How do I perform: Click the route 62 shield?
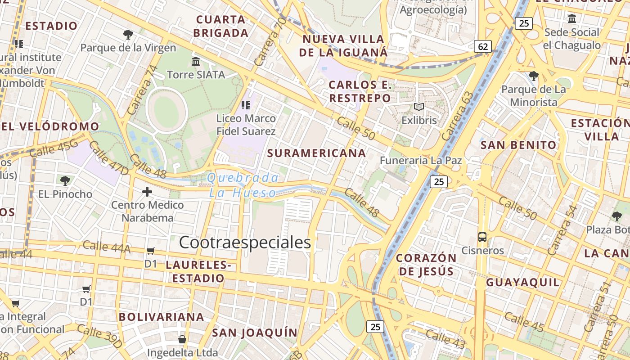[x=482, y=46]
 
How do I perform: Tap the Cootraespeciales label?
[x=245, y=243]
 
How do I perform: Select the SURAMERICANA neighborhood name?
[x=316, y=153]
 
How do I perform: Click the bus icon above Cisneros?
[x=482, y=237]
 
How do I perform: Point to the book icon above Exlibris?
[x=419, y=107]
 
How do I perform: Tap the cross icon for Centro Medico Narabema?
[x=147, y=192]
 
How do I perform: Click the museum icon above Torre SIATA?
[x=196, y=62]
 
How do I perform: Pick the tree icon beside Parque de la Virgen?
[x=128, y=34]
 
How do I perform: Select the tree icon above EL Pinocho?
[x=65, y=181]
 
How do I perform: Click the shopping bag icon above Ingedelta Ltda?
[x=182, y=339]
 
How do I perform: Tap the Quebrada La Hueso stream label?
[x=243, y=185]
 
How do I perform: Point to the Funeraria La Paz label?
[x=421, y=160]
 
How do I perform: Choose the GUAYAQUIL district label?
[x=523, y=283]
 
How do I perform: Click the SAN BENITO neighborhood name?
[x=518, y=145]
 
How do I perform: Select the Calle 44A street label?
[x=106, y=246]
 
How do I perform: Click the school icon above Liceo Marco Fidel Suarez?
[x=245, y=105]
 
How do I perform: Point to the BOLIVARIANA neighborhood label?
[x=161, y=317]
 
